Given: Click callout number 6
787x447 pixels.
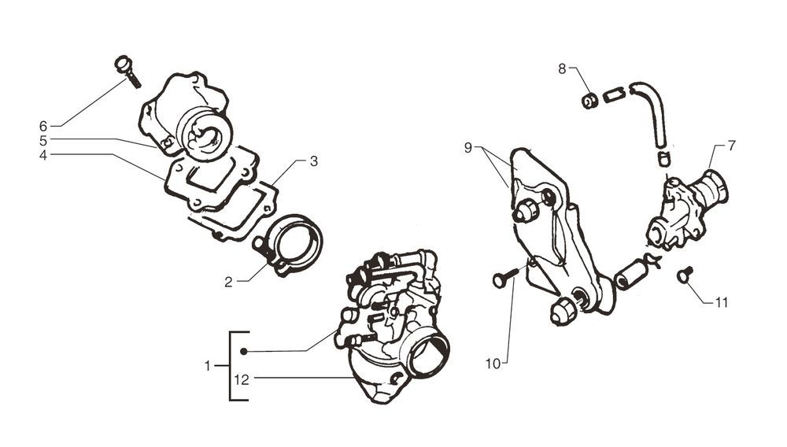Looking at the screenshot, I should (43, 126).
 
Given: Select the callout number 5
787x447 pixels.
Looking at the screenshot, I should (43, 140).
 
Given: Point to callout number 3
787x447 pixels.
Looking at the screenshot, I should (313, 161).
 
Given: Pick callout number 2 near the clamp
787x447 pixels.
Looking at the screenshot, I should (228, 282).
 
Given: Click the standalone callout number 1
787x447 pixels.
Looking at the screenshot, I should (208, 366).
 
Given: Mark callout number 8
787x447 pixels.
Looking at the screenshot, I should (562, 68).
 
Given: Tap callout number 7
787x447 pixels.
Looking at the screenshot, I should (732, 146).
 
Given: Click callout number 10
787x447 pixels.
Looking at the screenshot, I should (493, 364).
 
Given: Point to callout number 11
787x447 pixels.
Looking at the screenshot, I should (722, 301).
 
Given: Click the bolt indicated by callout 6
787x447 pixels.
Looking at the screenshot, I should (127, 69).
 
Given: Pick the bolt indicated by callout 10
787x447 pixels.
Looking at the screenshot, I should (505, 276).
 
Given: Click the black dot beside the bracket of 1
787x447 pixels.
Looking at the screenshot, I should (244, 351).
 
